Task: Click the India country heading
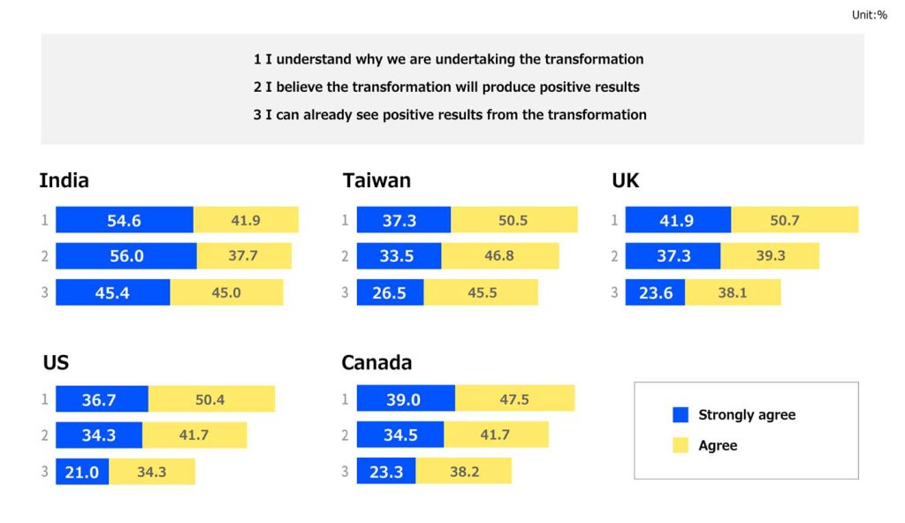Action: [64, 181]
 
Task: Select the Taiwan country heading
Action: [376, 181]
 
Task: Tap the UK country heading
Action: [625, 181]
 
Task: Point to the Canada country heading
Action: [376, 362]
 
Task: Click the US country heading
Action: [56, 362]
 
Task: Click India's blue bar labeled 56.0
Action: [125, 256]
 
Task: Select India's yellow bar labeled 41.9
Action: [246, 220]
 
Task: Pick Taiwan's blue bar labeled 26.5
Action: [390, 292]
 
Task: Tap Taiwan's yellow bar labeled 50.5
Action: [513, 220]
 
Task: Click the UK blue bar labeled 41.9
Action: [678, 220]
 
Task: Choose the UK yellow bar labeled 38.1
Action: [733, 292]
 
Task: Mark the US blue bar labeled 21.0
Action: [82, 472]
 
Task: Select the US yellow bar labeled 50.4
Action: [210, 399]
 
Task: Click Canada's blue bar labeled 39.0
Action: [406, 399]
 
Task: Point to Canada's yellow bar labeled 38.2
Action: [464, 472]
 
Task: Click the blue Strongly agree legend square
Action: [680, 415]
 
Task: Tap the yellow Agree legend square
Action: [680, 445]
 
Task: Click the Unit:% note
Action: [869, 15]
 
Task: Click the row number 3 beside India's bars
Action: [44, 292]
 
